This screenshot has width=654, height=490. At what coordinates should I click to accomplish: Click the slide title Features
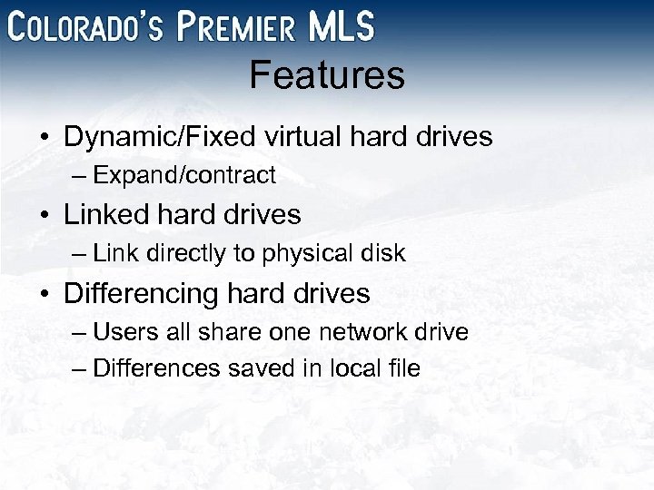327,75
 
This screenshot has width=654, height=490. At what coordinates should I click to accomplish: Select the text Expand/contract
184,174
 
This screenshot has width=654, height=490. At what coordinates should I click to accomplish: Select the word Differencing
142,293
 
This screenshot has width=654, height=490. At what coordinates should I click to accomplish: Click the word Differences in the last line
156,367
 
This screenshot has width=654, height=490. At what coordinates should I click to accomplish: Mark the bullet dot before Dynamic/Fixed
45,138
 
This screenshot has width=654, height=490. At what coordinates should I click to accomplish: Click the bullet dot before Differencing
45,294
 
